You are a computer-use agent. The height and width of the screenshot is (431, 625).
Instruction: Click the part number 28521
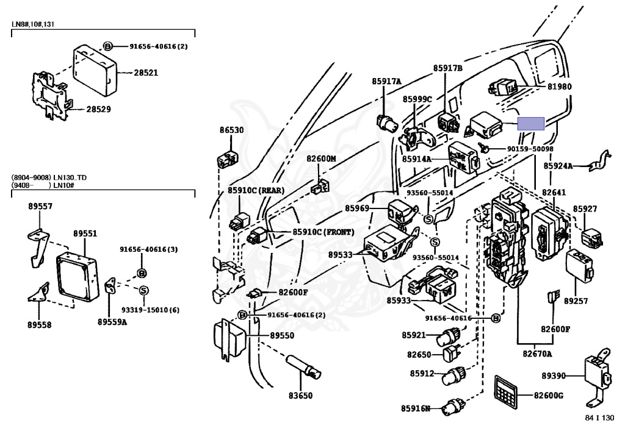(x=146, y=73)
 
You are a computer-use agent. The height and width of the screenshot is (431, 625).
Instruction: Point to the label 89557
(x=40, y=207)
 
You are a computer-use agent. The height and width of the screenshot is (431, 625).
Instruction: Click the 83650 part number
(x=300, y=396)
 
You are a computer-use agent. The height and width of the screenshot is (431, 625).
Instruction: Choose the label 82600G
(x=548, y=396)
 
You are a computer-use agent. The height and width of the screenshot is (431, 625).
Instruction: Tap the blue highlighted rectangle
(x=530, y=124)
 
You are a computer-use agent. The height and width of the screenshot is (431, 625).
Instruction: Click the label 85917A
(x=386, y=81)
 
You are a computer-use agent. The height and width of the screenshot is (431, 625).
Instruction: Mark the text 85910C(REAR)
(x=256, y=190)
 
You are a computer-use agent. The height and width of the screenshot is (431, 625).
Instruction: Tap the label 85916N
(x=416, y=408)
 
